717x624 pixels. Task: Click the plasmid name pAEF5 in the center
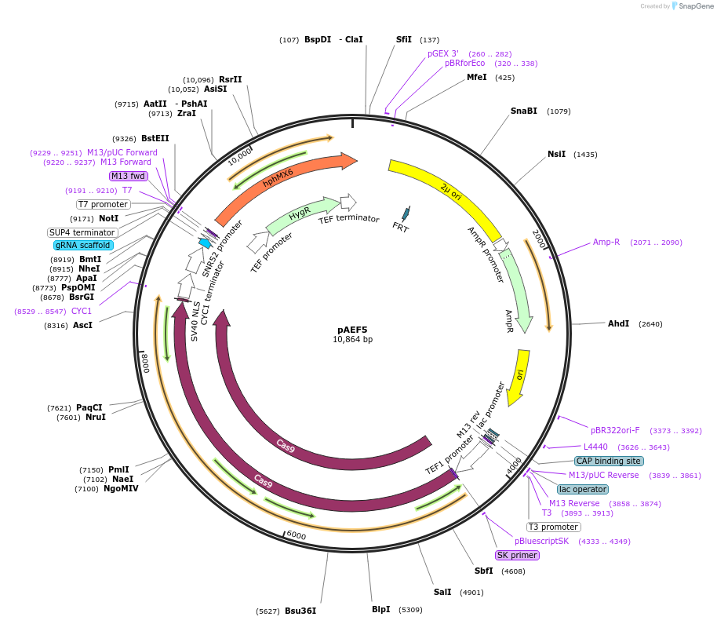(x=352, y=330)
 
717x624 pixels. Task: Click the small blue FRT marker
(x=405, y=213)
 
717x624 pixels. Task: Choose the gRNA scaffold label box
(x=82, y=245)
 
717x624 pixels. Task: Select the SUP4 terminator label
(x=82, y=232)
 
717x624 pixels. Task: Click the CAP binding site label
(x=608, y=461)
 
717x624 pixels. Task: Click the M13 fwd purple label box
(x=129, y=176)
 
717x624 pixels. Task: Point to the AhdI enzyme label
(x=618, y=323)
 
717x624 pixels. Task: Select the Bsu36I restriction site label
(x=300, y=611)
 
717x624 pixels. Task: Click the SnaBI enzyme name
(x=524, y=111)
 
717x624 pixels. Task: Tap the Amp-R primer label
(x=606, y=242)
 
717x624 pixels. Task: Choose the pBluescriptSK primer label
(x=542, y=541)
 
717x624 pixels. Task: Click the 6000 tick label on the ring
(x=296, y=535)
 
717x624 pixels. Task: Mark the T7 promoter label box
(x=103, y=204)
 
